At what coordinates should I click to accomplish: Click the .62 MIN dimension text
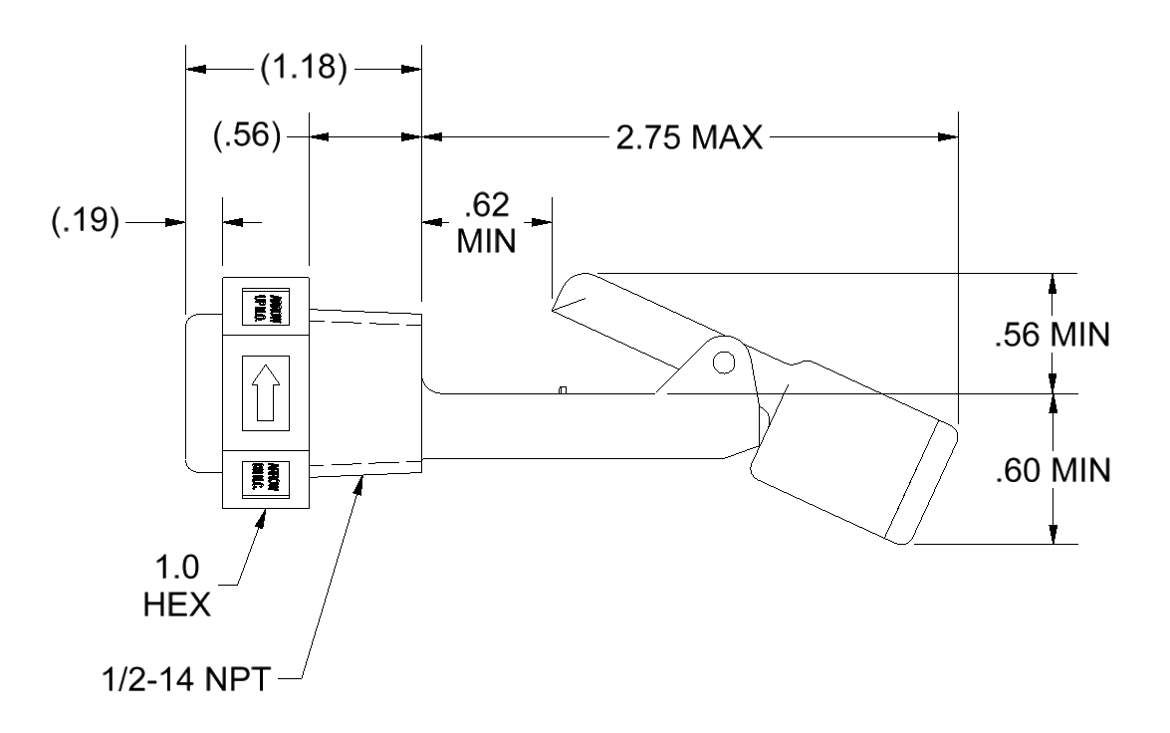tap(487, 223)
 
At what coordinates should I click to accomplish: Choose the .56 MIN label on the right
tap(1052, 335)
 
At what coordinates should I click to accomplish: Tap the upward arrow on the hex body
tap(265, 393)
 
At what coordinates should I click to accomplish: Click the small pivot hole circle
tap(724, 360)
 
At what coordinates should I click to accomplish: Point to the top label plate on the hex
tap(265, 306)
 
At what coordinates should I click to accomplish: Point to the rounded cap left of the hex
tap(203, 392)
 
